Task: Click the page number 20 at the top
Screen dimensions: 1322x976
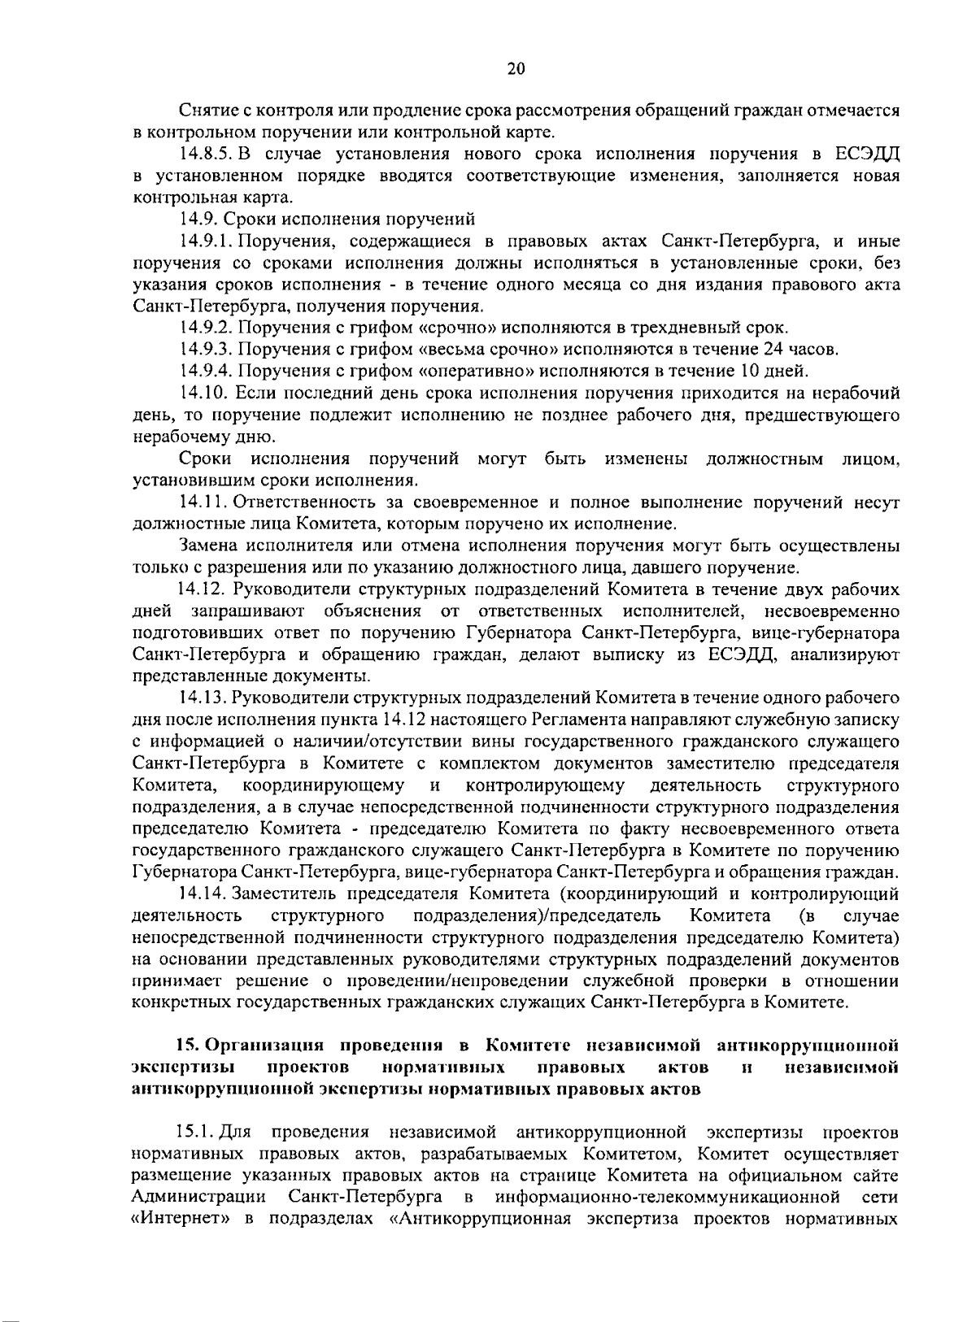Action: pos(516,69)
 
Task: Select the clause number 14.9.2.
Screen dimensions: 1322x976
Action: pos(207,328)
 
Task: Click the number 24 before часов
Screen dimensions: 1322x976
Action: pos(773,350)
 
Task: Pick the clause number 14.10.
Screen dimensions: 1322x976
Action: pos(203,394)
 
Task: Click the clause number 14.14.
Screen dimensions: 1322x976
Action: pos(203,895)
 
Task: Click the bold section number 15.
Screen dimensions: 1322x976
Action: pos(187,1045)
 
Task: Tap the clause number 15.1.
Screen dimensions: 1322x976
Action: pos(195,1133)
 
